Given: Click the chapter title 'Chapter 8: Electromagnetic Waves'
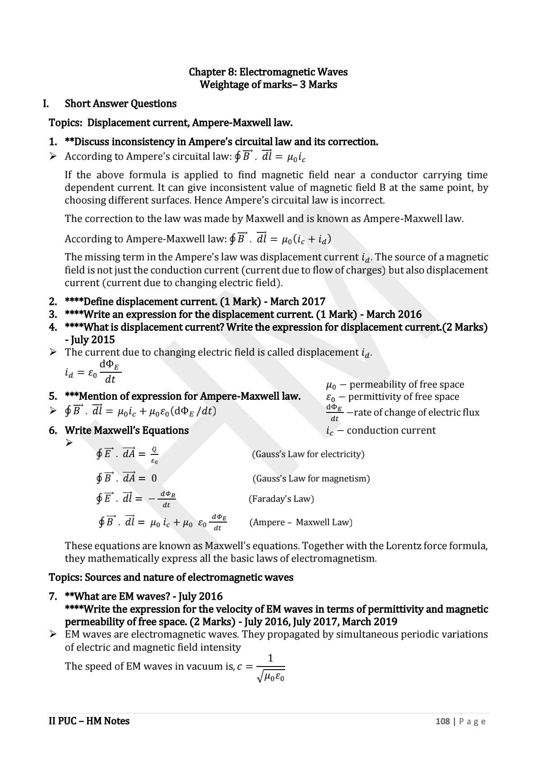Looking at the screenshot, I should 268,72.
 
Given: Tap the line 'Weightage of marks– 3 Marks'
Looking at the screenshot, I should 268,84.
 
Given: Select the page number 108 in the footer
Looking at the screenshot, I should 442,721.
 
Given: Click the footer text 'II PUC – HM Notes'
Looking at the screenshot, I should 89,721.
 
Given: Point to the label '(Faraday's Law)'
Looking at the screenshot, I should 281,499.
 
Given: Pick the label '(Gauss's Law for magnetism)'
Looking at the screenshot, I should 311,478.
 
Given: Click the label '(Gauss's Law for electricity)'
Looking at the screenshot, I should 308,454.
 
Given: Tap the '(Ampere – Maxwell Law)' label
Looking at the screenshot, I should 301,522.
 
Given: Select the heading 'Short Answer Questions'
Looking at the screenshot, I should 120,104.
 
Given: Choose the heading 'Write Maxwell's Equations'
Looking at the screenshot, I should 127,430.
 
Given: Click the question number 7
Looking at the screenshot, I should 53,597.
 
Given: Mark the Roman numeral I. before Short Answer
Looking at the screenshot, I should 46,104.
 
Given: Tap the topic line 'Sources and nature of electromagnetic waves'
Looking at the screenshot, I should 171,577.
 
